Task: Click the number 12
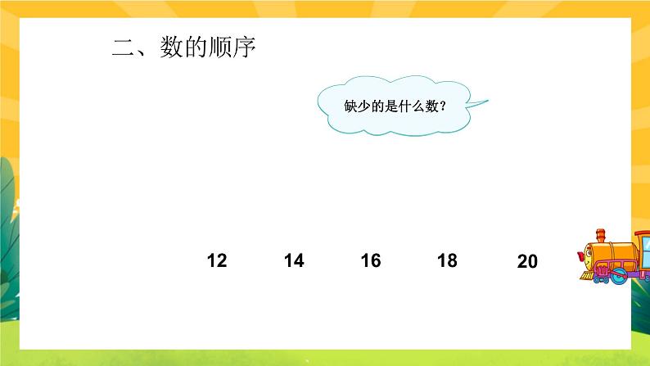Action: (x=217, y=261)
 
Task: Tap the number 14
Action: (x=294, y=261)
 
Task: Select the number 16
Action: (x=371, y=261)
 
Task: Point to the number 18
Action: (x=447, y=261)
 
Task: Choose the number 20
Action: (x=528, y=262)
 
